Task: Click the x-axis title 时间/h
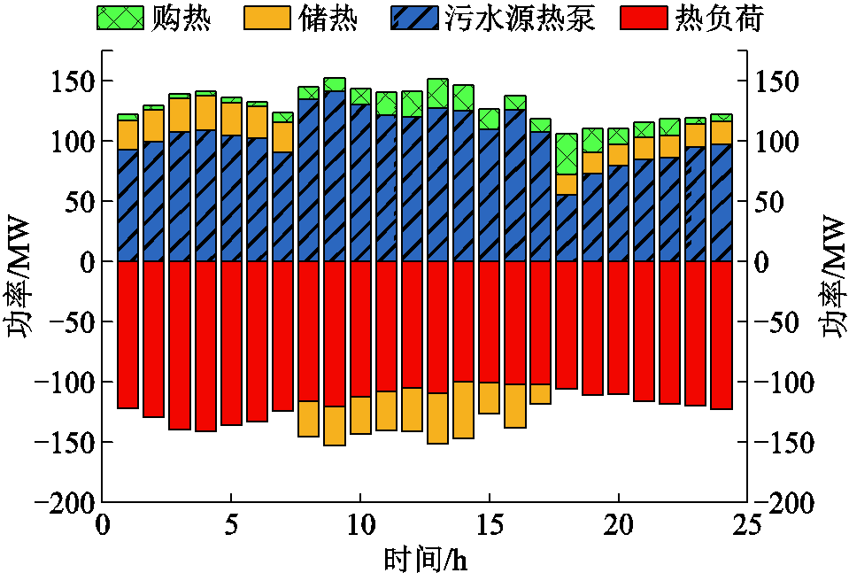coord(424,558)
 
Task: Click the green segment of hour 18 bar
coord(567,154)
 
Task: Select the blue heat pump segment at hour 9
coord(335,176)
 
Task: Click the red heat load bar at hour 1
coord(128,335)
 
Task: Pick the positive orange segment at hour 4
coord(205,112)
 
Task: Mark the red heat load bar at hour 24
coord(721,335)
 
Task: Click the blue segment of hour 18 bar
coord(567,228)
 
